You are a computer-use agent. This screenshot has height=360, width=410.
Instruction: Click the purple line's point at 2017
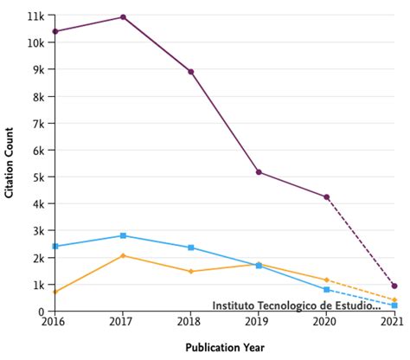click(123, 17)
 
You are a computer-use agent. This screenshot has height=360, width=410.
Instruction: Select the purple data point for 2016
click(55, 31)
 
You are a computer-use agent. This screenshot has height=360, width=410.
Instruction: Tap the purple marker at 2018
click(191, 72)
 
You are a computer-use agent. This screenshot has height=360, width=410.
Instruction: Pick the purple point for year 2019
click(259, 172)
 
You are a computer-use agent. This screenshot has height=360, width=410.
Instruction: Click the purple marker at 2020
click(326, 197)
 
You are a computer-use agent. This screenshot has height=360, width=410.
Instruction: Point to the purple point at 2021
click(394, 286)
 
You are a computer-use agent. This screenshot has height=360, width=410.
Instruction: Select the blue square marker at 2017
click(123, 235)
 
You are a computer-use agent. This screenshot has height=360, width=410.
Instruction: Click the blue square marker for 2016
click(55, 247)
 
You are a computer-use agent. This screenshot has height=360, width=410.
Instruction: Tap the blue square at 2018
click(191, 247)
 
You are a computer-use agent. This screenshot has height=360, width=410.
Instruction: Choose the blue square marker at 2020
click(326, 289)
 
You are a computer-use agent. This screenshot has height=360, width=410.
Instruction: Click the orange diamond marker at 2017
click(123, 255)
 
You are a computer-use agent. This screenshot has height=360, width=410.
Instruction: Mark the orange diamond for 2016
click(55, 292)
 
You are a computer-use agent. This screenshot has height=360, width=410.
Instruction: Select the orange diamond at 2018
click(191, 272)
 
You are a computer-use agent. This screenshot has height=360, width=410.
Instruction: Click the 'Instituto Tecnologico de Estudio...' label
click(296, 305)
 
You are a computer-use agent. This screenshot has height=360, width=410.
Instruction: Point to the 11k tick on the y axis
click(36, 16)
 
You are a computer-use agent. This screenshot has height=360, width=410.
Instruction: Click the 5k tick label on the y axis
click(39, 177)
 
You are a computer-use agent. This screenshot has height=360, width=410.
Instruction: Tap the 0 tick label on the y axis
click(42, 312)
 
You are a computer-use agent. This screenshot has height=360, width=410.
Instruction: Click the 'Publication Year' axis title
click(224, 348)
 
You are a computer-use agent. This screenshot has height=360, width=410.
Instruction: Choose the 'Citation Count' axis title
click(10, 164)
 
